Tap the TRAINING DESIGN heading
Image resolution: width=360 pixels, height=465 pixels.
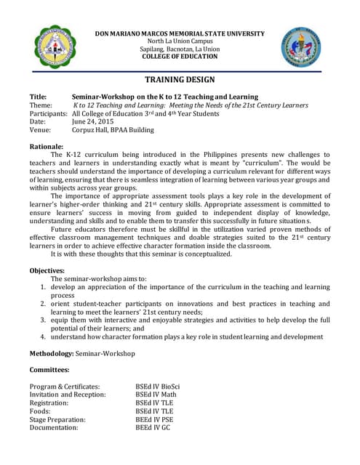pos(180,79)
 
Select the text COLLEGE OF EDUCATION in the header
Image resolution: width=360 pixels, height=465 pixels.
pos(180,57)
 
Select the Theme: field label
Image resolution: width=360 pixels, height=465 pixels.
pos(41,105)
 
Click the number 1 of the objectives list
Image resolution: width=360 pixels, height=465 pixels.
pos(43,288)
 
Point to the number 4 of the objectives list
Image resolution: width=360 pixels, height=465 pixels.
pos(43,337)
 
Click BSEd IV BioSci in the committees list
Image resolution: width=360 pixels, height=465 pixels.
pos(158,387)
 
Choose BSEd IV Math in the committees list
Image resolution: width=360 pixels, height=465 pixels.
pos(156,395)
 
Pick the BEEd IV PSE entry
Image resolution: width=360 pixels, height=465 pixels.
pos(154,420)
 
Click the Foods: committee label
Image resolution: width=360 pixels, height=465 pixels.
pos(41,411)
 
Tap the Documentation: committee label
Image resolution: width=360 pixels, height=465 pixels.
pos(54,428)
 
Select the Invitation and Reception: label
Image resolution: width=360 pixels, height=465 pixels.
pos(68,395)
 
